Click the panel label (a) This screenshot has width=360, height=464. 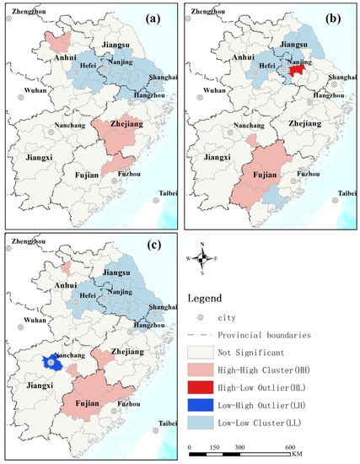pos(161,17)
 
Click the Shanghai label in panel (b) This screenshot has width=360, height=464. pos(338,77)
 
